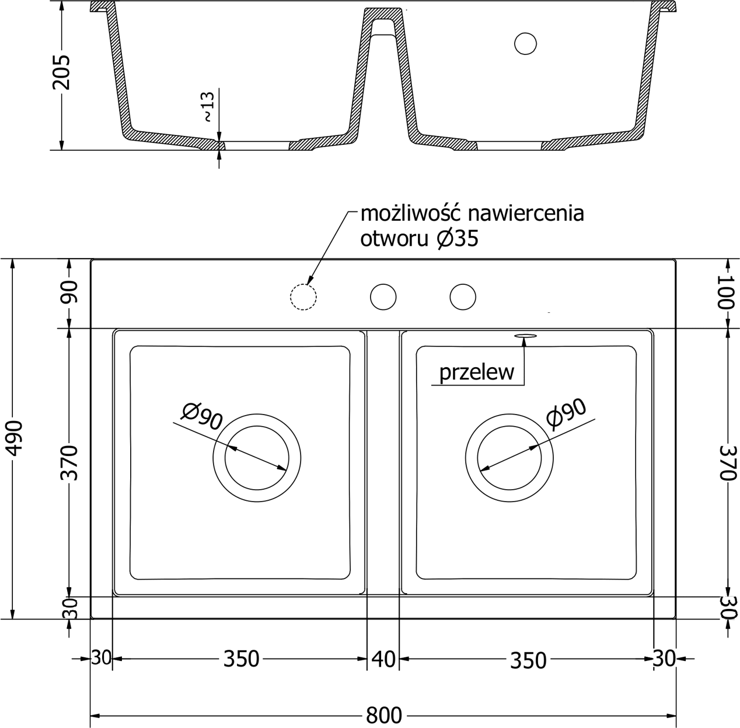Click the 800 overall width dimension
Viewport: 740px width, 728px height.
pos(383,716)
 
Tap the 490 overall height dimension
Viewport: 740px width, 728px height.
pos(15,438)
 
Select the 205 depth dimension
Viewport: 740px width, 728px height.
pos(61,72)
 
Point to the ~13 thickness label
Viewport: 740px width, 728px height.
pos(208,107)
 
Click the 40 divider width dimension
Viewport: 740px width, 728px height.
pos(383,659)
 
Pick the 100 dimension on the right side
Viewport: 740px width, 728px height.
pos(726,291)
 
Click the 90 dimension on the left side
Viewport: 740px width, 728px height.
pos(70,292)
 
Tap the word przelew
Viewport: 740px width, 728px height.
pos(477,372)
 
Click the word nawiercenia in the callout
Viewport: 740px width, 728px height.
pos(526,214)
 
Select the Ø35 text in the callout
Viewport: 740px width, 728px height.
pos(458,239)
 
